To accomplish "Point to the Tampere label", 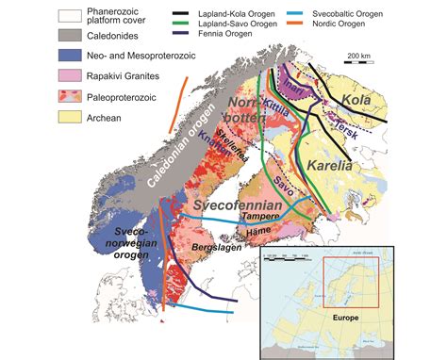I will tap(269, 217).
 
